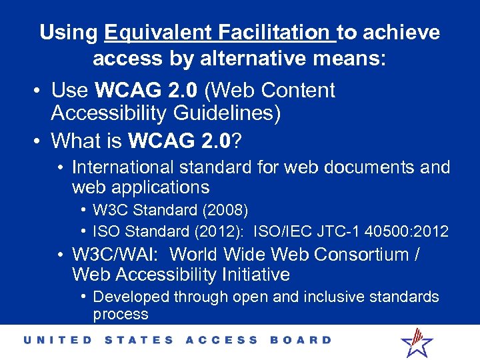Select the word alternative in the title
point(226,59)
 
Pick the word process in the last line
point(121,314)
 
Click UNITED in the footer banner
point(57,340)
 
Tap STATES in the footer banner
point(139,340)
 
